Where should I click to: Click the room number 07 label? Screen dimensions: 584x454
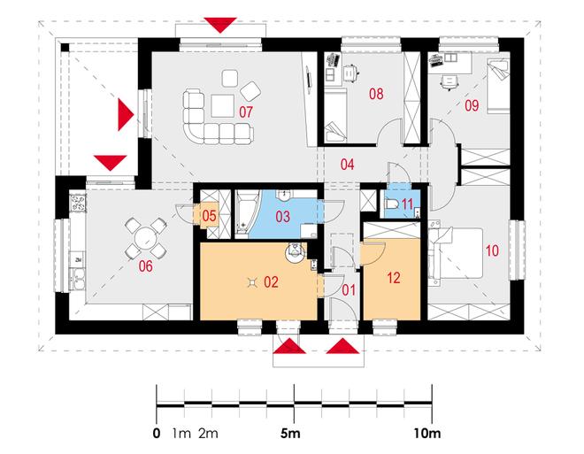point(246,112)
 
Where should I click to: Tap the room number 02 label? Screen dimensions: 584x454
point(271,282)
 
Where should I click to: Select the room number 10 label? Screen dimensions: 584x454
point(492,250)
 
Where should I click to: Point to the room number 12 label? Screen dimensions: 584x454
point(394,278)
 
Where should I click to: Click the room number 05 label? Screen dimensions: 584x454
point(210,216)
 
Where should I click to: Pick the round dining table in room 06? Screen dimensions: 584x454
point(145,238)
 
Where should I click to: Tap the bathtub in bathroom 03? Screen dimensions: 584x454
point(242,213)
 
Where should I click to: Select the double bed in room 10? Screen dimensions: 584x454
point(456,254)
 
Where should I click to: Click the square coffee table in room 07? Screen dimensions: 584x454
point(222,106)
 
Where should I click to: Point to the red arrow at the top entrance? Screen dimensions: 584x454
point(220,25)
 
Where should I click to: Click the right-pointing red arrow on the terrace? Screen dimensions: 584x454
point(126,114)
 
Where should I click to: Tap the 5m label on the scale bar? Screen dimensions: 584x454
point(290,433)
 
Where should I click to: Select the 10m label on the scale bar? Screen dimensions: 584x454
point(426,433)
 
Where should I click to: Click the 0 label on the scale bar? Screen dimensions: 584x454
point(157,434)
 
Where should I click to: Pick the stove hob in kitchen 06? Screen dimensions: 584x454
point(78,204)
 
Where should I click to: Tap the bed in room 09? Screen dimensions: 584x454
point(497,86)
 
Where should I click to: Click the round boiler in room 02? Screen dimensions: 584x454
point(296,253)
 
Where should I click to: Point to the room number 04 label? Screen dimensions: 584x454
point(347,165)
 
